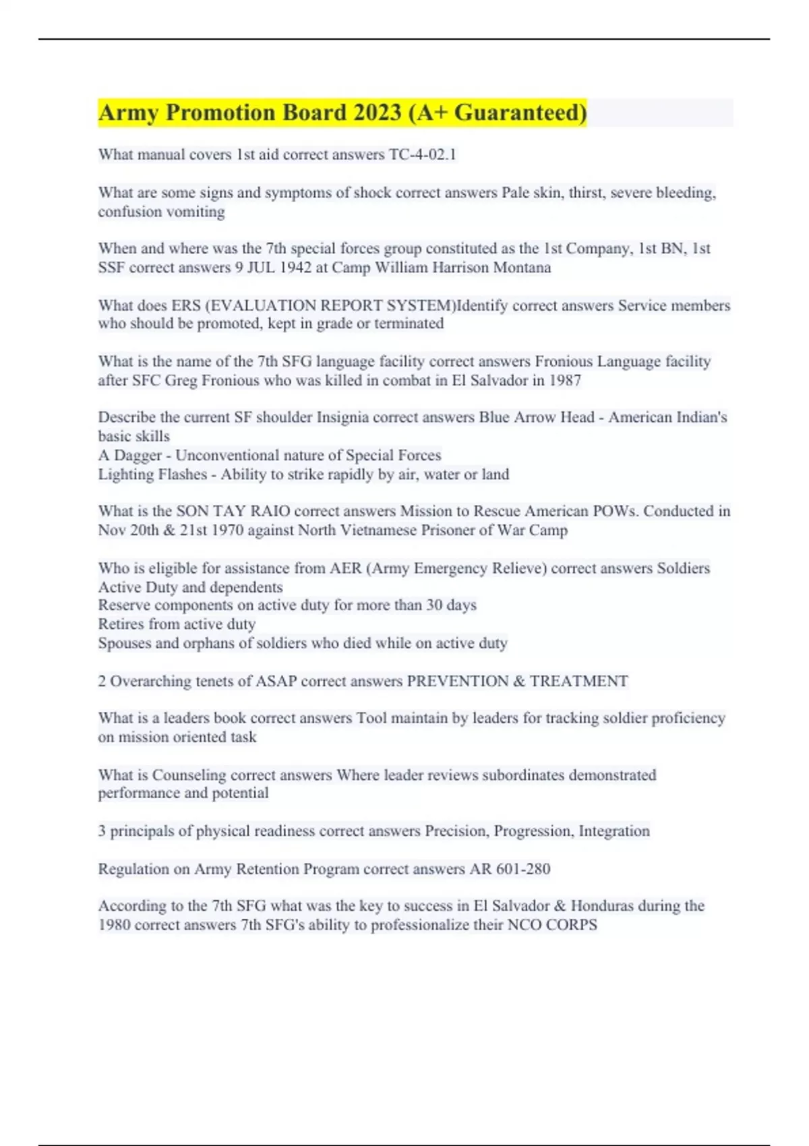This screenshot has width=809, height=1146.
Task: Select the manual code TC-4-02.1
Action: [423, 154]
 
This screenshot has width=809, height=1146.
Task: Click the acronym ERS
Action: [186, 305]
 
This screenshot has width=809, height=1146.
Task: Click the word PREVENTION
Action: [458, 681]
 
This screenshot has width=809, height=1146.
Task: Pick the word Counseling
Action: [189, 775]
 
